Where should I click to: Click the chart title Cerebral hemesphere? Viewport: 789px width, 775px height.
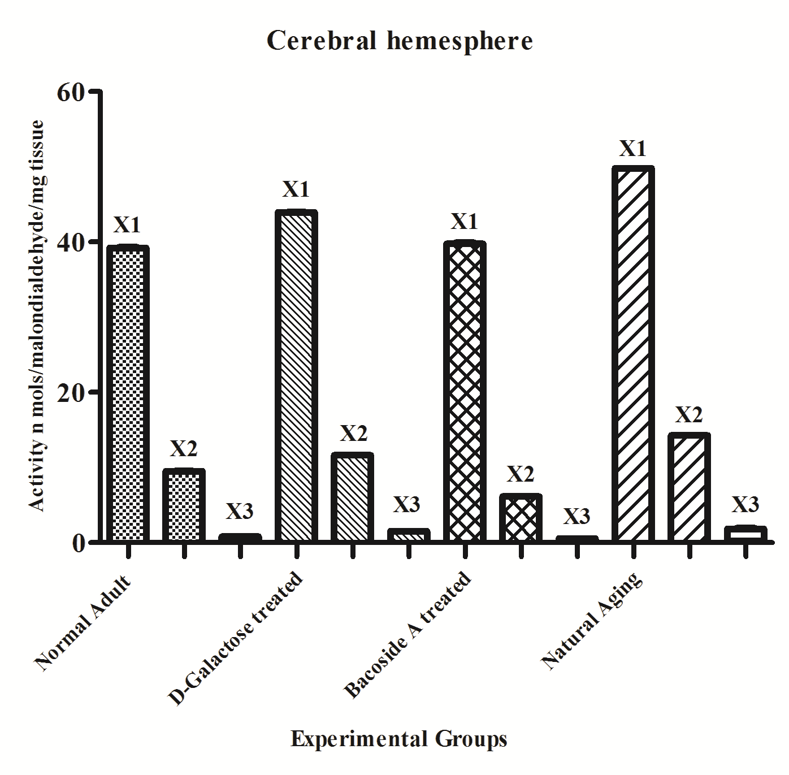click(400, 41)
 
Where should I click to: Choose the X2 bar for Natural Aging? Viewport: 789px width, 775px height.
click(688, 487)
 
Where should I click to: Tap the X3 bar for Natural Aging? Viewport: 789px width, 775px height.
click(745, 534)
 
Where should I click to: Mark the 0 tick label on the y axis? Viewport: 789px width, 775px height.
click(78, 542)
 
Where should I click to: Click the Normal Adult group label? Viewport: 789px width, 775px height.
click(84, 622)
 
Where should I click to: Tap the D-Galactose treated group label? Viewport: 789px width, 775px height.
click(236, 639)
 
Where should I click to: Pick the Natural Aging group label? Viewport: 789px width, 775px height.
click(592, 621)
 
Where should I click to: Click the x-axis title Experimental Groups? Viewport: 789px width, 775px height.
click(399, 739)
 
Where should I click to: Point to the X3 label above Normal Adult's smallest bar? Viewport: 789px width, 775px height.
click(240, 512)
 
